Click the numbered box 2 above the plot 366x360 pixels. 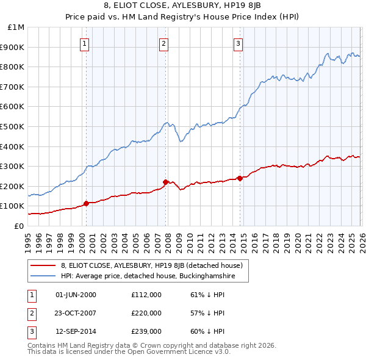(164, 43)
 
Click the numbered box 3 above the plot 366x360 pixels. (238, 43)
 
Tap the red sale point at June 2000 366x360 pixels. (86, 203)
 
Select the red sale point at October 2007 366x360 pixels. (166, 182)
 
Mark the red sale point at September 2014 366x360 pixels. (240, 178)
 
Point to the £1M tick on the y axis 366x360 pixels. (16, 27)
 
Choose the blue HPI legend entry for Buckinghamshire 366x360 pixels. (147, 277)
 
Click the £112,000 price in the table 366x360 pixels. (146, 295)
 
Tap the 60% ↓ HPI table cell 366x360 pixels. (207, 331)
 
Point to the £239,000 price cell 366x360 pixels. (146, 331)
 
